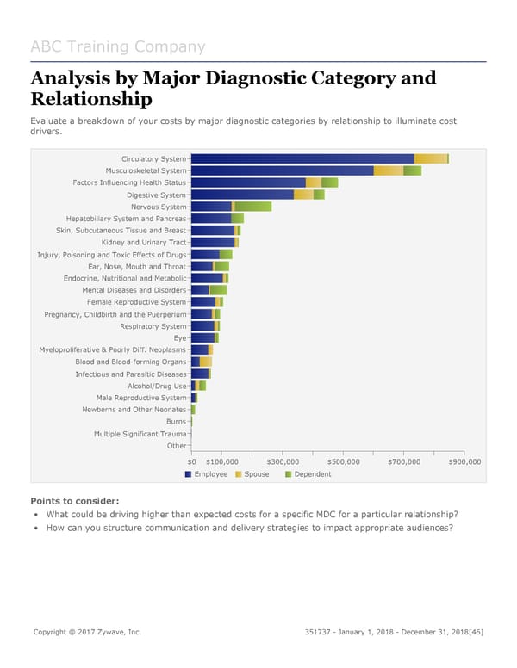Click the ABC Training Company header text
(x=117, y=46)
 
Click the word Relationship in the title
(x=90, y=101)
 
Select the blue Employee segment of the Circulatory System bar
(x=302, y=158)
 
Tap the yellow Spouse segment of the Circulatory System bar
(x=430, y=158)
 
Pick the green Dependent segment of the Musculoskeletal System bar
(x=412, y=170)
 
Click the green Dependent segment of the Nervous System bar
(x=252, y=207)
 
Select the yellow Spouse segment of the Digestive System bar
(x=303, y=195)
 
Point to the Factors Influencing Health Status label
(x=129, y=182)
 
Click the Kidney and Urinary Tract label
(x=143, y=243)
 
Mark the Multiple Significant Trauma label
(x=140, y=434)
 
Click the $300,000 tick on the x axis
(x=283, y=462)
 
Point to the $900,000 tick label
(x=465, y=462)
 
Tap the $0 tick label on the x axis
(x=191, y=462)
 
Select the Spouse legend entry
(x=256, y=474)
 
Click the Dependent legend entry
(x=312, y=474)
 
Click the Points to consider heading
(x=74, y=501)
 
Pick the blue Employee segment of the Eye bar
(x=202, y=338)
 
